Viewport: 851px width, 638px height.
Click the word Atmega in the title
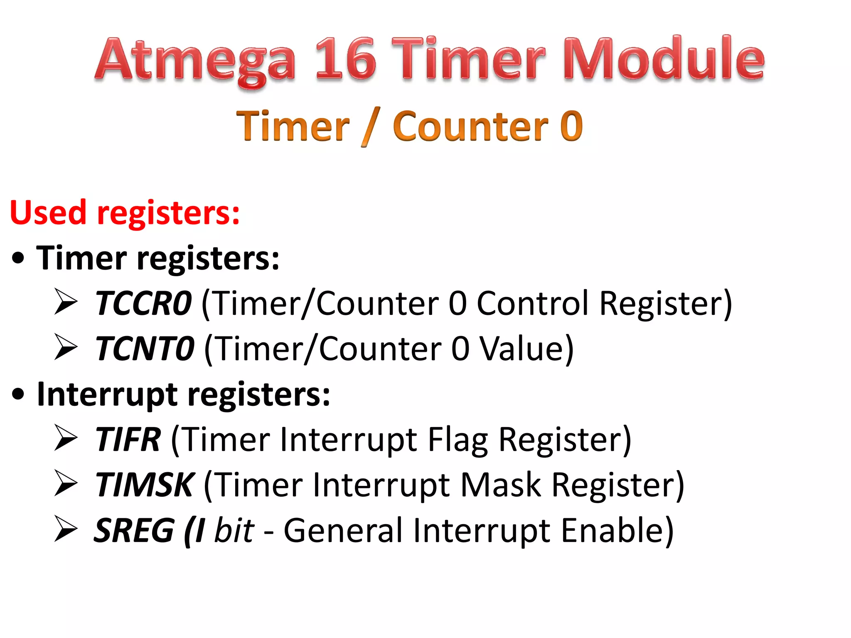pyautogui.click(x=195, y=60)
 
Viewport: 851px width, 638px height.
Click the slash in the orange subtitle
pyautogui.click(x=371, y=127)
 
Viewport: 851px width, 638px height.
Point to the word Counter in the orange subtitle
pyautogui.click(x=470, y=127)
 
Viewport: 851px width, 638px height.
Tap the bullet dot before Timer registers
pyautogui.click(x=18, y=258)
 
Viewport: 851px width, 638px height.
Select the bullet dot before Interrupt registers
pyautogui.click(x=18, y=395)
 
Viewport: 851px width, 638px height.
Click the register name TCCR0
pyautogui.click(x=144, y=304)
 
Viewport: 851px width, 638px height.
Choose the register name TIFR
pyautogui.click(x=128, y=439)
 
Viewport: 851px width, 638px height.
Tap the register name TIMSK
pyautogui.click(x=144, y=485)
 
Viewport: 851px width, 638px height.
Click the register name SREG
pyautogui.click(x=134, y=530)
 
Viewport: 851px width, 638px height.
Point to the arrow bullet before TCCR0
pyautogui.click(x=66, y=302)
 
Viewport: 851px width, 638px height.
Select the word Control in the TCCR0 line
pyautogui.click(x=533, y=304)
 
